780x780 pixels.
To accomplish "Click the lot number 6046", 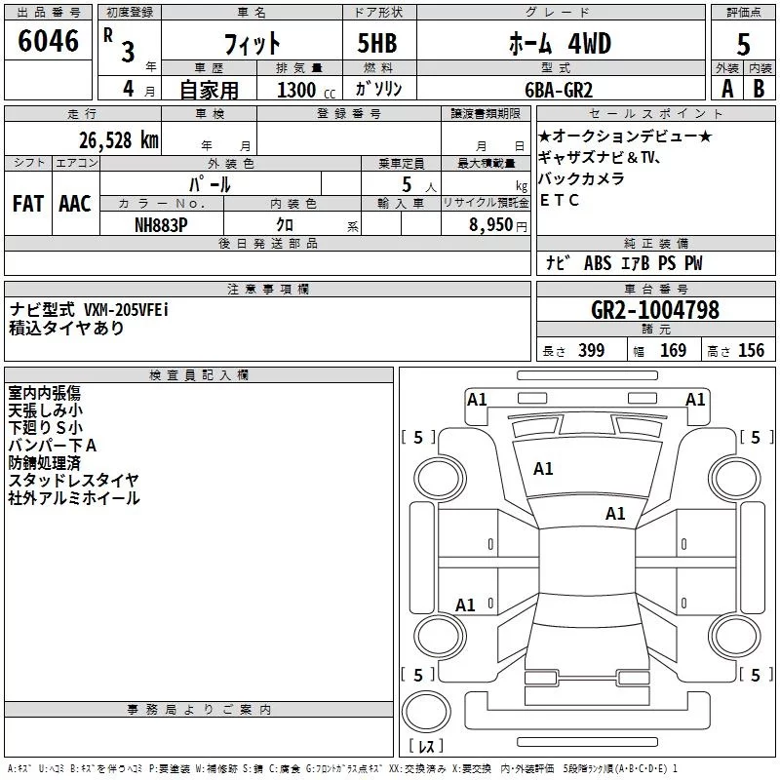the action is pyautogui.click(x=49, y=42).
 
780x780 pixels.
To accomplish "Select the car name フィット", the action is pyautogui.click(x=252, y=44).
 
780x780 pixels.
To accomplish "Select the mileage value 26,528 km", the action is pyautogui.click(x=119, y=140).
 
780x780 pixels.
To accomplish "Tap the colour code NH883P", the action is pyautogui.click(x=162, y=223).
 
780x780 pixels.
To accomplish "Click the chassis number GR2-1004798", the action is pyautogui.click(x=655, y=311).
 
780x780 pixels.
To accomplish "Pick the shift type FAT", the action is pyautogui.click(x=28, y=205).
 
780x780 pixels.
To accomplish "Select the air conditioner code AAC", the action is pyautogui.click(x=75, y=205).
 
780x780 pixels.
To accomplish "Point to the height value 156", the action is pyautogui.click(x=750, y=351).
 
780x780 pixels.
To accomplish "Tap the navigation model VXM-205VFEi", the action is pyautogui.click(x=126, y=310).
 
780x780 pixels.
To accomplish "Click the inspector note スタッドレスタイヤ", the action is pyautogui.click(x=73, y=480).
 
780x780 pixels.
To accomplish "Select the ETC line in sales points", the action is pyautogui.click(x=560, y=201).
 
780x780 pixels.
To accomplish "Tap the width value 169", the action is pyautogui.click(x=673, y=351).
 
